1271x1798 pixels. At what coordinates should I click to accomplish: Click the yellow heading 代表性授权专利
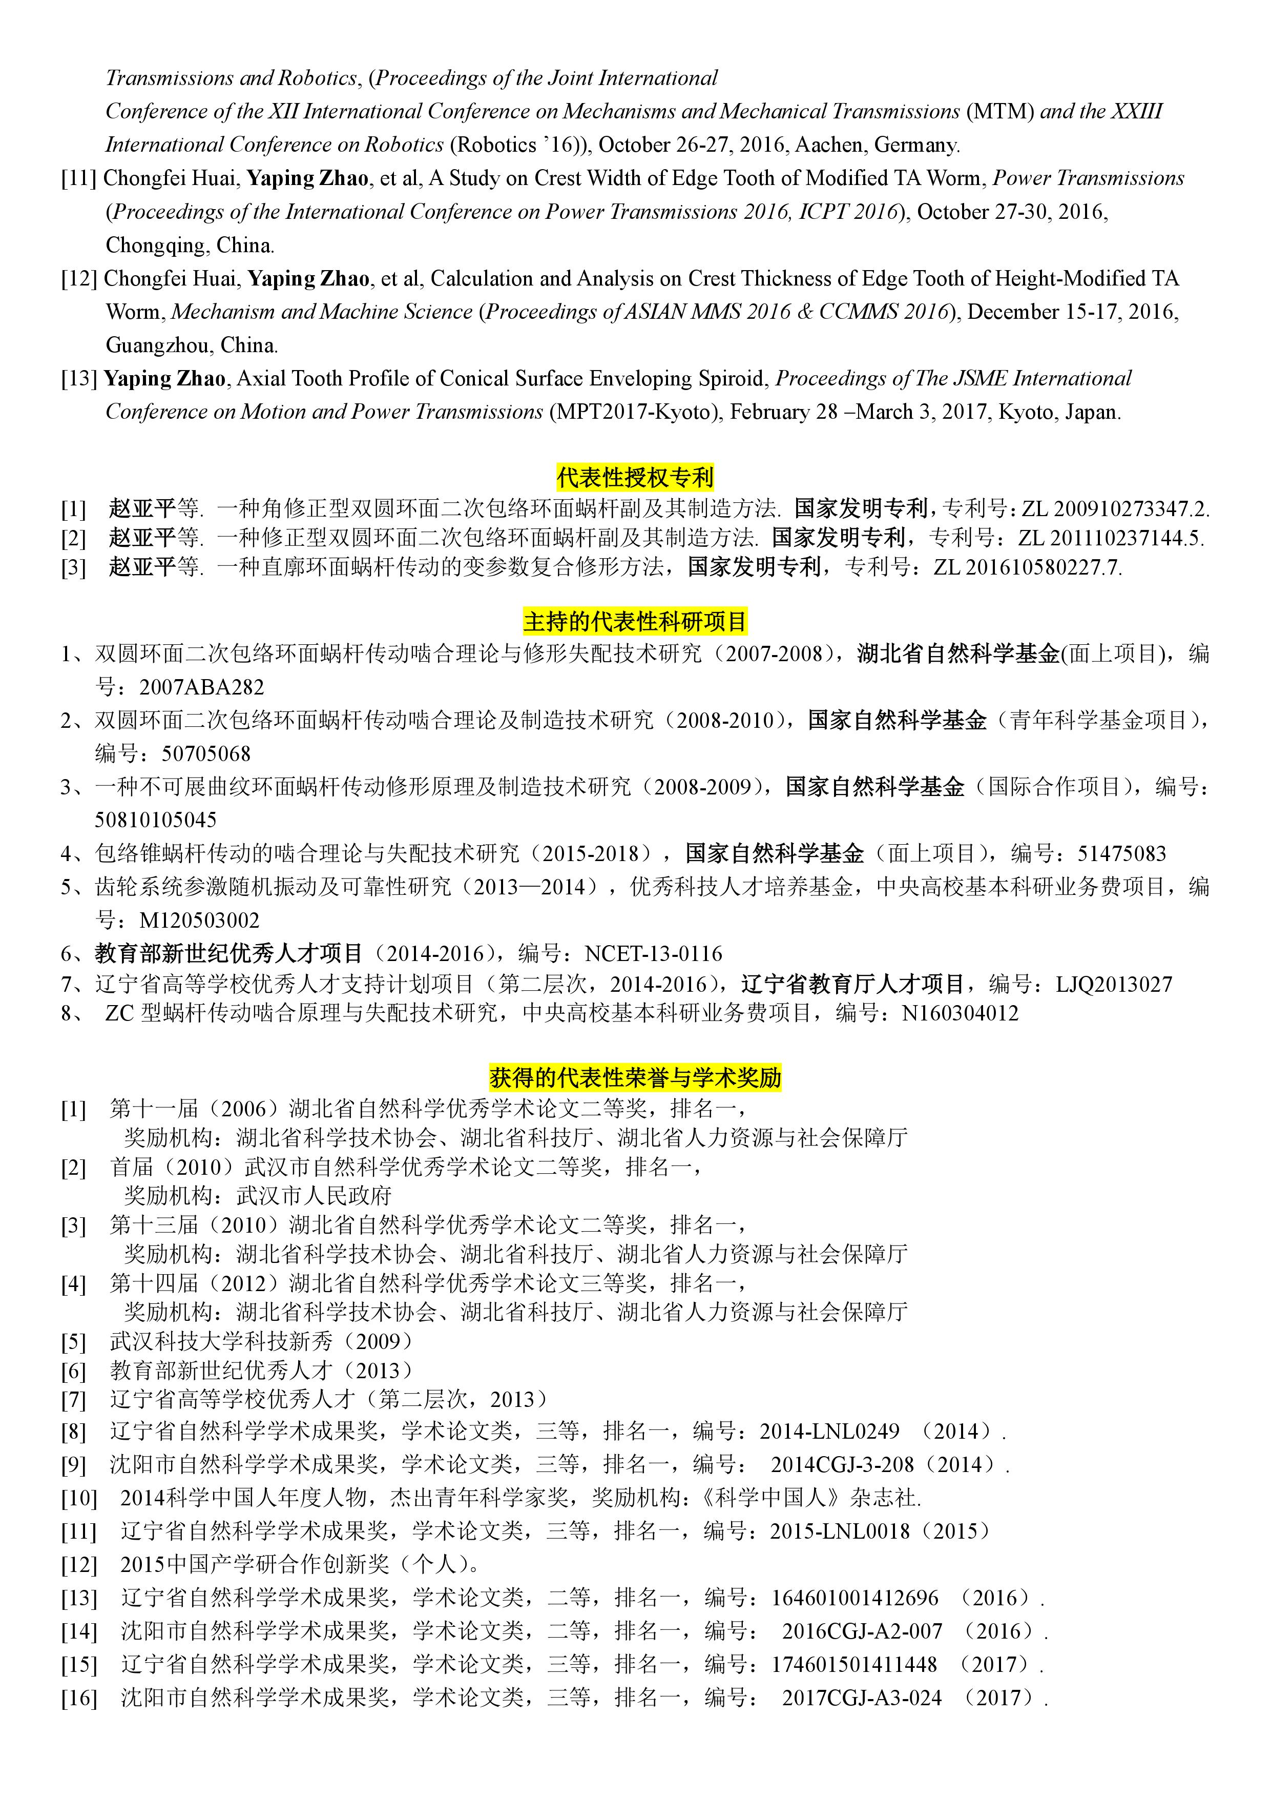point(635,476)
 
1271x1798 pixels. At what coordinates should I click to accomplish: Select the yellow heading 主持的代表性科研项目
point(635,621)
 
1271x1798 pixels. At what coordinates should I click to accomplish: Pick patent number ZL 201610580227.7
point(1027,567)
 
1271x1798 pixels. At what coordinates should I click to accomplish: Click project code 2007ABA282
point(201,687)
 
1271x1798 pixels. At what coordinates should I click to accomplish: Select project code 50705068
point(206,753)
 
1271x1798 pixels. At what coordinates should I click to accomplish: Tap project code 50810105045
point(156,820)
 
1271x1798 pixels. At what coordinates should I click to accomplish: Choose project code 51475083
point(1121,853)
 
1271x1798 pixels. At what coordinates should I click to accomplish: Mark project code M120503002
point(199,920)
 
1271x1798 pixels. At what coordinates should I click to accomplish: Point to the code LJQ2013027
point(1114,984)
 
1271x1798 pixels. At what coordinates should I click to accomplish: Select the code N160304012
point(960,1013)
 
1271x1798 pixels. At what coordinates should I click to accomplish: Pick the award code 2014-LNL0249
point(829,1432)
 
